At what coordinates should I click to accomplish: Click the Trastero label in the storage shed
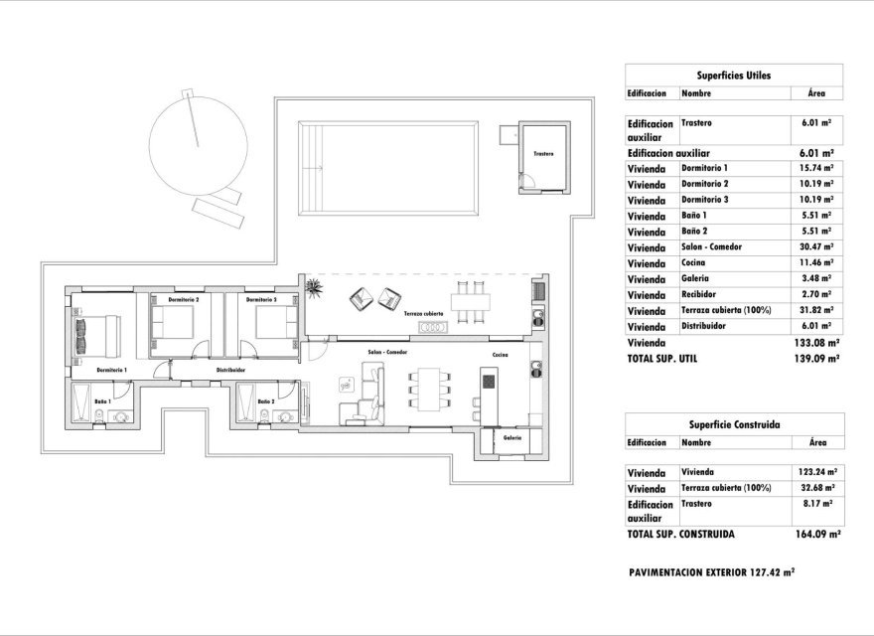(x=542, y=155)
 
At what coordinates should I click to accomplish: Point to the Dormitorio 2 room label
(x=184, y=299)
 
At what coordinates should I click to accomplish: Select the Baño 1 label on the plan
(x=102, y=401)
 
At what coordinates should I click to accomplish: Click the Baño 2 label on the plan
(x=265, y=401)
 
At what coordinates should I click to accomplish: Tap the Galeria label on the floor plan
(x=512, y=437)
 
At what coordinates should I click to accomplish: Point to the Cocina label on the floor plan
(x=500, y=354)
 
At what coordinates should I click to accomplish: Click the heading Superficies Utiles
(x=733, y=75)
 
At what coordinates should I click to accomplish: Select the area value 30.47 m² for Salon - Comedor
(x=815, y=247)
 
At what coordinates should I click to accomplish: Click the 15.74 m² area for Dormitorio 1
(x=815, y=168)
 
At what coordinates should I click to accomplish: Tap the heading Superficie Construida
(x=733, y=424)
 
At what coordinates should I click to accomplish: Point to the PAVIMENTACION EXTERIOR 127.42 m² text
(x=711, y=573)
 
